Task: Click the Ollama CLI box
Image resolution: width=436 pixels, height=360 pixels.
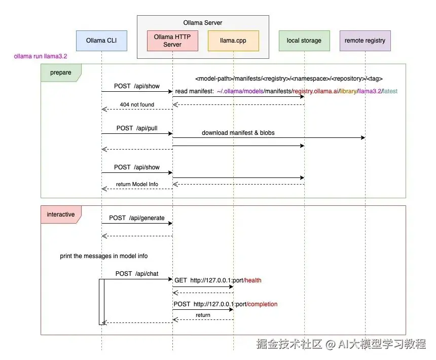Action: point(101,41)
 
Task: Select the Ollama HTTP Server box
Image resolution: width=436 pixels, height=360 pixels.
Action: point(172,41)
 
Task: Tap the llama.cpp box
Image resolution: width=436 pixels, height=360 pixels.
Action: point(233,41)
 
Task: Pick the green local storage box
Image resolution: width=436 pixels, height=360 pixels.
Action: point(304,41)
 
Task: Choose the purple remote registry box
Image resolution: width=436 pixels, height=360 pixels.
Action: point(365,41)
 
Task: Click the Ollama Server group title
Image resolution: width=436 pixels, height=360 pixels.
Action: point(203,23)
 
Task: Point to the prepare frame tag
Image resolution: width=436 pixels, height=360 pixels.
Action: point(60,73)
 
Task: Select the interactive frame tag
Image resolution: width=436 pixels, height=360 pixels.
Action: point(60,214)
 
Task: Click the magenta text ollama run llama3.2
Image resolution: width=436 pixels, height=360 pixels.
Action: point(41,57)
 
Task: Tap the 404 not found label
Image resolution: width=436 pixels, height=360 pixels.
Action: point(137,104)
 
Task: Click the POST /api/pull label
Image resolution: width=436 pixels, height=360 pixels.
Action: point(137,128)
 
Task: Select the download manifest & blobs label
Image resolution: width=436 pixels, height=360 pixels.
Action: point(238,133)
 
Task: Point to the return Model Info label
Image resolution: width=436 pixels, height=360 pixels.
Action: point(137,184)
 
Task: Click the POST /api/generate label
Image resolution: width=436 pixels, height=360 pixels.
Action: point(137,218)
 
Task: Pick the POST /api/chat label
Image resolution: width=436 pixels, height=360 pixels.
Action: point(137,274)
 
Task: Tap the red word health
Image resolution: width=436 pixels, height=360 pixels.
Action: point(253,280)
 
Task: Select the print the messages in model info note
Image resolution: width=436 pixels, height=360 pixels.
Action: point(104,256)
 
